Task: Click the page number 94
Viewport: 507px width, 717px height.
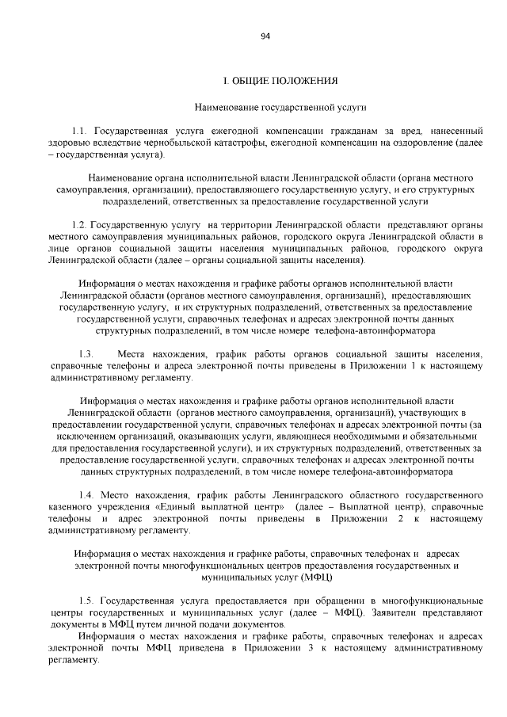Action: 265,36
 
